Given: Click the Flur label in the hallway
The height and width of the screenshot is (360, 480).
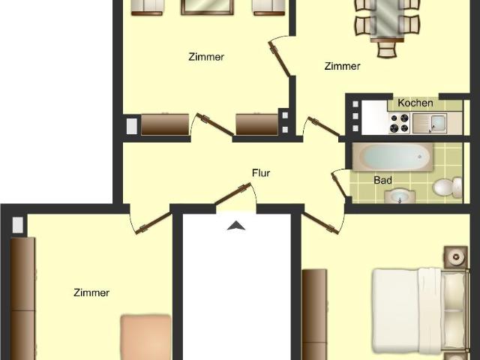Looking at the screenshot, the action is click(x=261, y=173).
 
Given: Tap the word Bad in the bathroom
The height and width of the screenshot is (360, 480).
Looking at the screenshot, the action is click(x=382, y=180).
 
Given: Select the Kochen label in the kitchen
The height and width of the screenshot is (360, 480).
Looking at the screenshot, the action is click(x=415, y=103).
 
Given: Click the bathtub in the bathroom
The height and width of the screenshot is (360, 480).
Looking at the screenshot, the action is click(x=392, y=157).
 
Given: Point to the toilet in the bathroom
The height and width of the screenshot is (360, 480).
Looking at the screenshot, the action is click(x=448, y=187).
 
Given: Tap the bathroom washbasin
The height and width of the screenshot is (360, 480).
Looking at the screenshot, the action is click(x=400, y=196).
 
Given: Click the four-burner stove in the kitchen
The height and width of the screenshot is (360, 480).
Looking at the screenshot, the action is click(x=399, y=123).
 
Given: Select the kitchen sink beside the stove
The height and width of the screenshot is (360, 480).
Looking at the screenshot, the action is click(x=430, y=123).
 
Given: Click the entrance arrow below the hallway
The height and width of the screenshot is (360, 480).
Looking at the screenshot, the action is click(x=236, y=226).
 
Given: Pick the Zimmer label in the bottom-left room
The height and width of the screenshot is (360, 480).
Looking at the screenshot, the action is click(x=91, y=292).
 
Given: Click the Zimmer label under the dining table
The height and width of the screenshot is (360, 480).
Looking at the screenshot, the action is click(x=342, y=66).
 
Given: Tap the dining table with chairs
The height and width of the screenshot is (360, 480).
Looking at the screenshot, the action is click(x=387, y=21).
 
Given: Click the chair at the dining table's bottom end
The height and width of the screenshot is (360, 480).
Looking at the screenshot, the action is click(x=387, y=49).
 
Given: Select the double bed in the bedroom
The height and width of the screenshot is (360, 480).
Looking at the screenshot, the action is click(x=421, y=311).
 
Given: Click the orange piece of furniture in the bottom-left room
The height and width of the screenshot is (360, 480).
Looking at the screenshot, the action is click(x=145, y=337).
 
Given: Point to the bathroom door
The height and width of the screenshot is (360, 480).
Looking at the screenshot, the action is click(x=340, y=184).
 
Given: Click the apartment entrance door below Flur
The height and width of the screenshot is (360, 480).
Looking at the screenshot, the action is click(x=233, y=193).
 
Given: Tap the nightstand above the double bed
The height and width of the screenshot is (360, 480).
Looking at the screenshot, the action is click(x=456, y=256).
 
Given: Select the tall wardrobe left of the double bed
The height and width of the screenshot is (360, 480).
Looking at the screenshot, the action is click(x=315, y=314).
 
